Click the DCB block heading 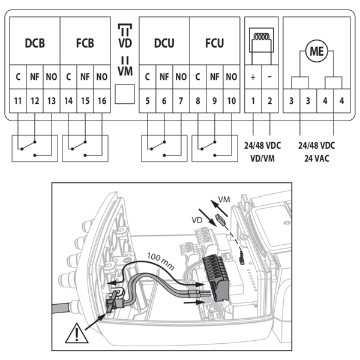click(35, 43)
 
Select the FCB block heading click(85, 43)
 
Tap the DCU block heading click(164, 43)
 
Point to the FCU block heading click(214, 43)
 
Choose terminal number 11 click(19, 100)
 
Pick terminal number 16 click(101, 100)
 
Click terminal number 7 click(181, 100)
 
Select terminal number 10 click(231, 100)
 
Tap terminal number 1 click(253, 100)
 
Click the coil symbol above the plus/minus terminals click(261, 37)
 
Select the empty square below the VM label click(125, 94)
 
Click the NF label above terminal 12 click(35, 77)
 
